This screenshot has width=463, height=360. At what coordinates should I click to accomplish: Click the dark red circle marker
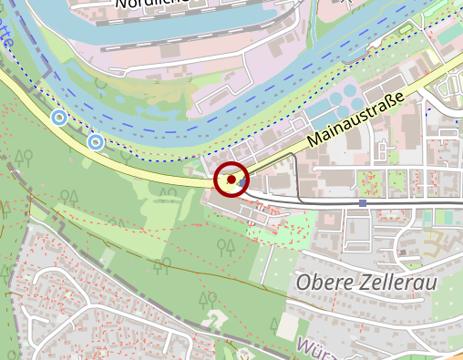pyautogui.click(x=231, y=180)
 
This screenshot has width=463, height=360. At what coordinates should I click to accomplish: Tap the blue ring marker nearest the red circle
pyautogui.click(x=96, y=142)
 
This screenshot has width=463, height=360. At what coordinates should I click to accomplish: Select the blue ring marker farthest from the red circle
pyautogui.click(x=59, y=118)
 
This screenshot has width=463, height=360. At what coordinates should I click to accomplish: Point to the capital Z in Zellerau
pyautogui.click(x=364, y=283)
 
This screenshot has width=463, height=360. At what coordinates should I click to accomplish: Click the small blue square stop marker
pyautogui.click(x=363, y=202)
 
